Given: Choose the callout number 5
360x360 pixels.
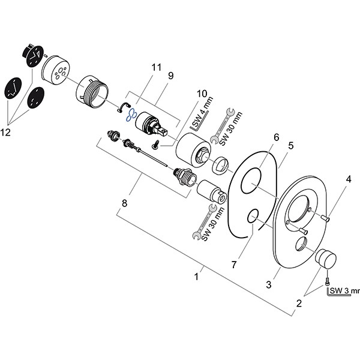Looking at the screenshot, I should (x=290, y=145).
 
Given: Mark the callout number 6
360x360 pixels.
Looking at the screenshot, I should (x=277, y=137).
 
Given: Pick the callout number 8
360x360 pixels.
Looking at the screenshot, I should (x=125, y=204).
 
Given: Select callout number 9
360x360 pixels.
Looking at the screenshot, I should (x=170, y=76).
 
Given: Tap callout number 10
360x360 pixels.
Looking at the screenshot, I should (x=201, y=94).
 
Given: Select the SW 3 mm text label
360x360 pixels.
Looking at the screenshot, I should (x=343, y=292).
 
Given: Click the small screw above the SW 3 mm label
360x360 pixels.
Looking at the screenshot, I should (x=328, y=280).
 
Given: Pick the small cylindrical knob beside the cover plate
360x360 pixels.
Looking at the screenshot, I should (x=326, y=259).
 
